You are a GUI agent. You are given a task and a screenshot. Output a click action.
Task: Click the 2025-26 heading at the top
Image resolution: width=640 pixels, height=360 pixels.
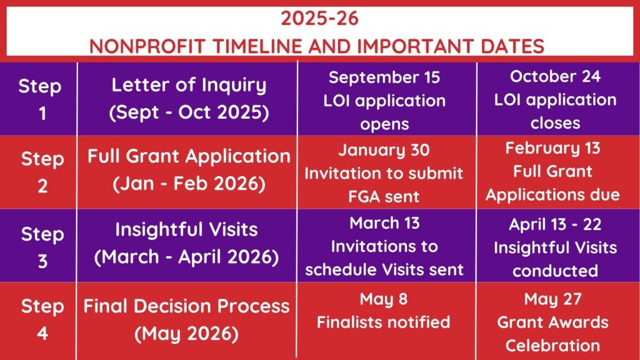tap(319, 18)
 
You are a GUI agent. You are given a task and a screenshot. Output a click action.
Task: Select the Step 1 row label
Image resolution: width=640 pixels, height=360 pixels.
tap(40, 99)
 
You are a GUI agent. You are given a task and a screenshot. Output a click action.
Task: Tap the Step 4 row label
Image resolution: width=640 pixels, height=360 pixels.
tap(42, 319)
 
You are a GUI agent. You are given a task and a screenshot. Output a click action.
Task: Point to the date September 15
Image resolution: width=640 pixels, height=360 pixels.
tap(384, 77)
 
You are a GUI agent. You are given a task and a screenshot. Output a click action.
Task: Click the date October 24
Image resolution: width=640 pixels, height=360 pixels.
tap(555, 76)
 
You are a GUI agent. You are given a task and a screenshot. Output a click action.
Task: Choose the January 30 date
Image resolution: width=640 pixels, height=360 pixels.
tap(384, 150)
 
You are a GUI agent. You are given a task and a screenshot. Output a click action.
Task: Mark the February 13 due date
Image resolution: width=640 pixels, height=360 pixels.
tap(552, 148)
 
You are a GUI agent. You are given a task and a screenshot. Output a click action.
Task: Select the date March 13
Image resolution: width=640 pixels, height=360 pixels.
tap(384, 223)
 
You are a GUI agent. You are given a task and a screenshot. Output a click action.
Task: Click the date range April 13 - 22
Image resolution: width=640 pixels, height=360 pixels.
tap(555, 224)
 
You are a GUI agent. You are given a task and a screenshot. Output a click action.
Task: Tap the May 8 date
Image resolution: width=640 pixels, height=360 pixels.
tap(384, 299)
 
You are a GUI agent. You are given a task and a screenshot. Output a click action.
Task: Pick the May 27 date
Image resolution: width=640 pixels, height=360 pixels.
tap(552, 299)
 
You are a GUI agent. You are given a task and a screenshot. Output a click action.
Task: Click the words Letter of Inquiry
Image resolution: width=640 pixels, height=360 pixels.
tap(189, 85)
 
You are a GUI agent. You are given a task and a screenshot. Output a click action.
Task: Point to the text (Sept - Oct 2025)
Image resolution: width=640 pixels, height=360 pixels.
tap(189, 112)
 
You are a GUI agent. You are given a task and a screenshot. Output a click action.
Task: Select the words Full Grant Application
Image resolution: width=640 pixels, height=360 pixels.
tap(189, 157)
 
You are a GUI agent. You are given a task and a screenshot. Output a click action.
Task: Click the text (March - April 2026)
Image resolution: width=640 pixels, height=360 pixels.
tap(186, 257)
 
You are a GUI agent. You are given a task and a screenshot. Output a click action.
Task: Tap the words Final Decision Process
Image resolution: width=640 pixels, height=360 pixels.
tap(186, 306)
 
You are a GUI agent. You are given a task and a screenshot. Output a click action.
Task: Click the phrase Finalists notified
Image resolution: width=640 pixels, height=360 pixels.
tap(384, 322)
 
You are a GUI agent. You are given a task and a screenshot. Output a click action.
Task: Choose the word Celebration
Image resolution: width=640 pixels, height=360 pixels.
tap(552, 346)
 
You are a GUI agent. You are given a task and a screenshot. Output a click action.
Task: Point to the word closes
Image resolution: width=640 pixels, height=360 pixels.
tap(555, 123)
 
